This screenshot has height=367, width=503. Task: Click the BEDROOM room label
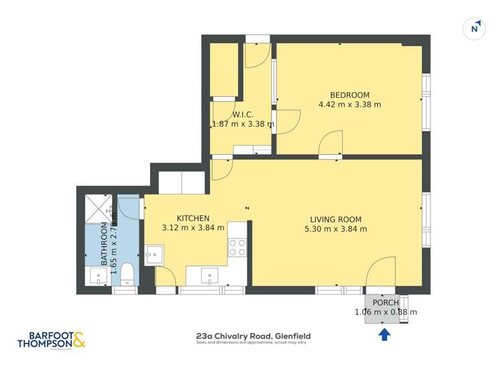pos(349,95)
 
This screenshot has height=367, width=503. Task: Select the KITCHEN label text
pos(193,218)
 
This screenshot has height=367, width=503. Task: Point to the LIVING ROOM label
pos(335,219)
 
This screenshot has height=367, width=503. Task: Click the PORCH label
pos(386,302)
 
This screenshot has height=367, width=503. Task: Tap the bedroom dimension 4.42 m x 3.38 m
pos(349,105)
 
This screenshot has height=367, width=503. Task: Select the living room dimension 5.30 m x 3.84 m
pos(335,229)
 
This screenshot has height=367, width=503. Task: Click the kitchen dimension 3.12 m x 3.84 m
pos(193,227)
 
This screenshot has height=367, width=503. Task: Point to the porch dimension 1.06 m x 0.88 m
pos(386,312)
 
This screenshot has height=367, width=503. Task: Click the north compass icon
pos(475,28)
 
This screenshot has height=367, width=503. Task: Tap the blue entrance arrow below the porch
pos(385,333)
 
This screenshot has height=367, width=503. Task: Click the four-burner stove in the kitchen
pos(237,248)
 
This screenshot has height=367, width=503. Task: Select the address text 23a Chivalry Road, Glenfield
pos(253,336)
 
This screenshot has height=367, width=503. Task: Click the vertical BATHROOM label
pos(105,245)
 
